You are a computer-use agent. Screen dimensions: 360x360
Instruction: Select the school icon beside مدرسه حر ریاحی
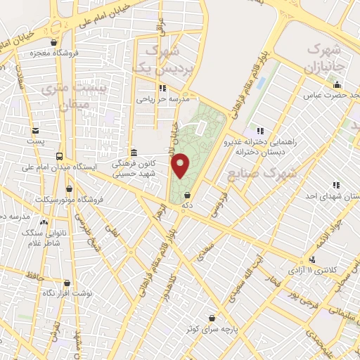tap(163, 89)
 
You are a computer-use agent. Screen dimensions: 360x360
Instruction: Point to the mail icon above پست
tap(35, 130)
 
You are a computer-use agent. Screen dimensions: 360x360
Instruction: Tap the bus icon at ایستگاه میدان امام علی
tap(60, 156)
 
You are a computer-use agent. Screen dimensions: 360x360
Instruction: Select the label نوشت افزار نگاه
tap(67, 292)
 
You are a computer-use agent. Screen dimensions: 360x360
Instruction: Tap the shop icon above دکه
tap(186, 195)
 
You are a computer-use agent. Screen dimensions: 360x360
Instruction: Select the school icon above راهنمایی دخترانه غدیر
tap(261, 130)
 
